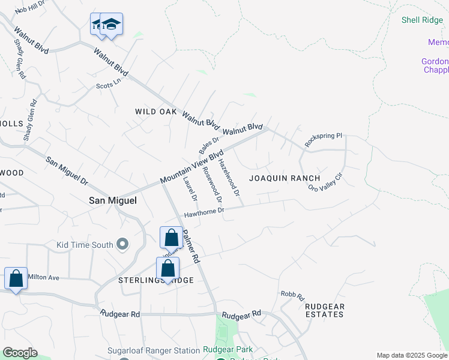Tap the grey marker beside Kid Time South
[x=123, y=244]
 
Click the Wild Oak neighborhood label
[x=156, y=112]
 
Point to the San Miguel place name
[x=113, y=200]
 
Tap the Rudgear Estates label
[x=325, y=310]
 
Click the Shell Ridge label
[x=421, y=20]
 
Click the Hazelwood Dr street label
[x=229, y=178]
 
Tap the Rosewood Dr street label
[x=212, y=184]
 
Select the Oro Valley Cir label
[x=325, y=180]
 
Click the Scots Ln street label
[x=109, y=85]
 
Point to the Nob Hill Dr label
[x=30, y=8]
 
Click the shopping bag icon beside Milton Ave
[x=16, y=278]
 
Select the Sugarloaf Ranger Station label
[x=154, y=350]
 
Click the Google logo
[x=20, y=353]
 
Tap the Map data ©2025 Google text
[x=412, y=355]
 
